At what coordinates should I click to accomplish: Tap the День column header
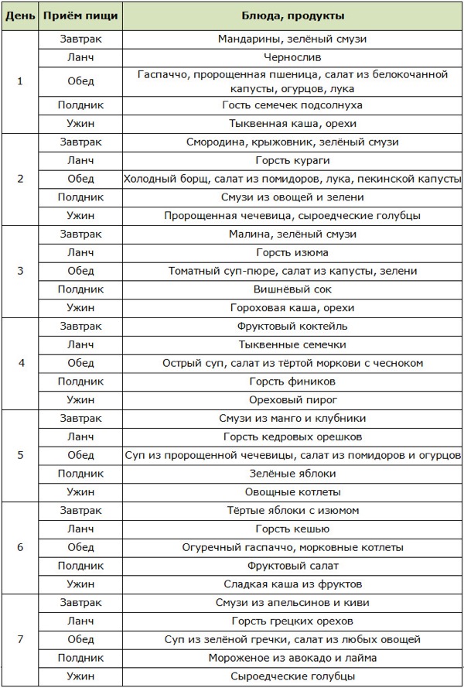pos(20,16)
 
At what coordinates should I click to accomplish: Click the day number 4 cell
pos(20,363)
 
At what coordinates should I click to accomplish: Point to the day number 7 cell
pos(20,639)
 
